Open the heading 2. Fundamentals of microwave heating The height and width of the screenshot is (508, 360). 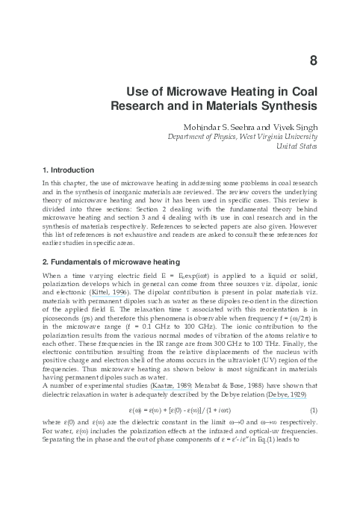coord(111,262)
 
